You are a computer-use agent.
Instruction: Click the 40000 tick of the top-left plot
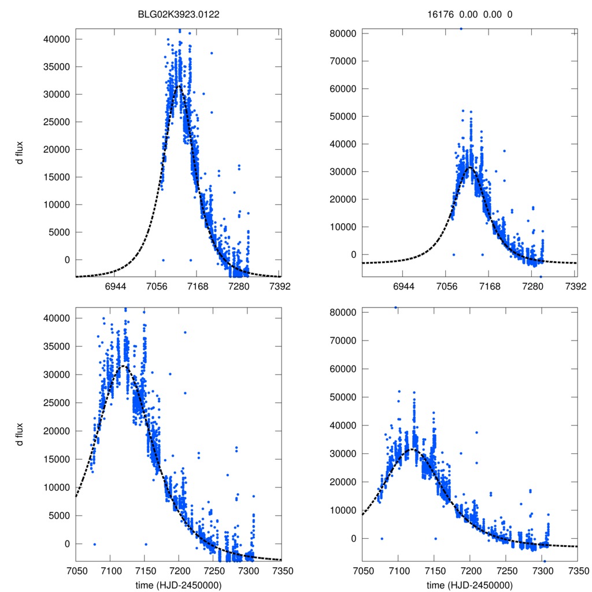pyautogui.click(x=58, y=39)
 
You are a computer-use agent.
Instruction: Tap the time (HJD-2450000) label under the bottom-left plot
pyautogui.click(x=179, y=584)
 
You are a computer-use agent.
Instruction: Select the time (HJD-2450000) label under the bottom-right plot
pyautogui.click(x=469, y=584)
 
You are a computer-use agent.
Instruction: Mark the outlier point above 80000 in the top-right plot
pyautogui.click(x=461, y=28)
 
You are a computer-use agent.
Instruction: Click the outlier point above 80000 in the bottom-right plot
pyautogui.click(x=396, y=308)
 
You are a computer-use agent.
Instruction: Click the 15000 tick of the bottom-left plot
pyautogui.click(x=58, y=459)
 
